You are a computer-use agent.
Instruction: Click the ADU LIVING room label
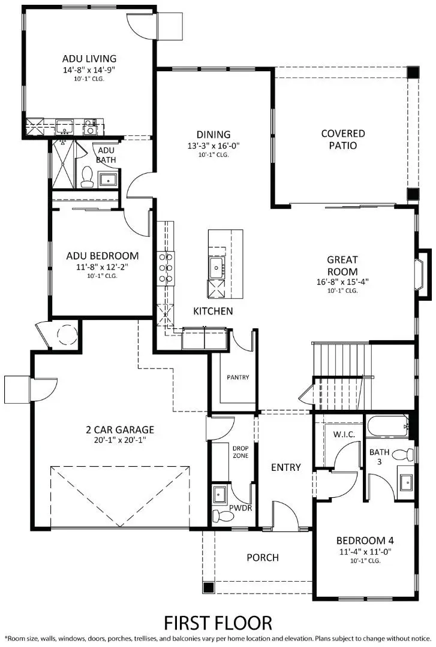[x=89, y=59]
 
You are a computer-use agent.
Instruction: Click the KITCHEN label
[x=213, y=312]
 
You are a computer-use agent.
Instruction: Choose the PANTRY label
[x=237, y=377]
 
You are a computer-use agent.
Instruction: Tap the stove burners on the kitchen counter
[x=166, y=267]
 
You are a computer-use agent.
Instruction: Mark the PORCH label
[x=263, y=558]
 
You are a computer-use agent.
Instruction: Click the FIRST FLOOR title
[x=218, y=622]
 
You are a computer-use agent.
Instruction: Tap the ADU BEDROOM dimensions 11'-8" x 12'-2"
[x=102, y=267]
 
